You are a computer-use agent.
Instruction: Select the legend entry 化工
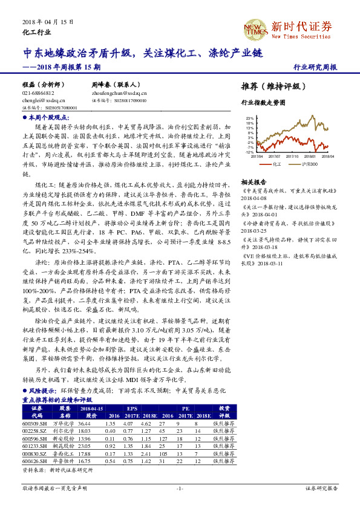pyautogui.click(x=277, y=163)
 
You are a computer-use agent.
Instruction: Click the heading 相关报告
pyautogui.click(x=254, y=181)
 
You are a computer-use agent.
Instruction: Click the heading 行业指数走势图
pyautogui.click(x=263, y=103)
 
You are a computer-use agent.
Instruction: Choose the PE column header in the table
pyautogui.click(x=185, y=409)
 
